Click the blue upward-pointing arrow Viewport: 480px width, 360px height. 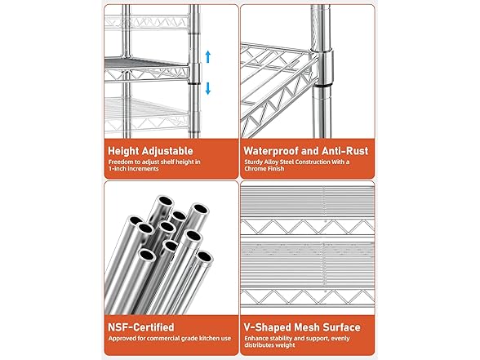point(208,56)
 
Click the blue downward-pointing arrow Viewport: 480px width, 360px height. point(208,88)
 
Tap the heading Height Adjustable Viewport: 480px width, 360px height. point(151,151)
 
